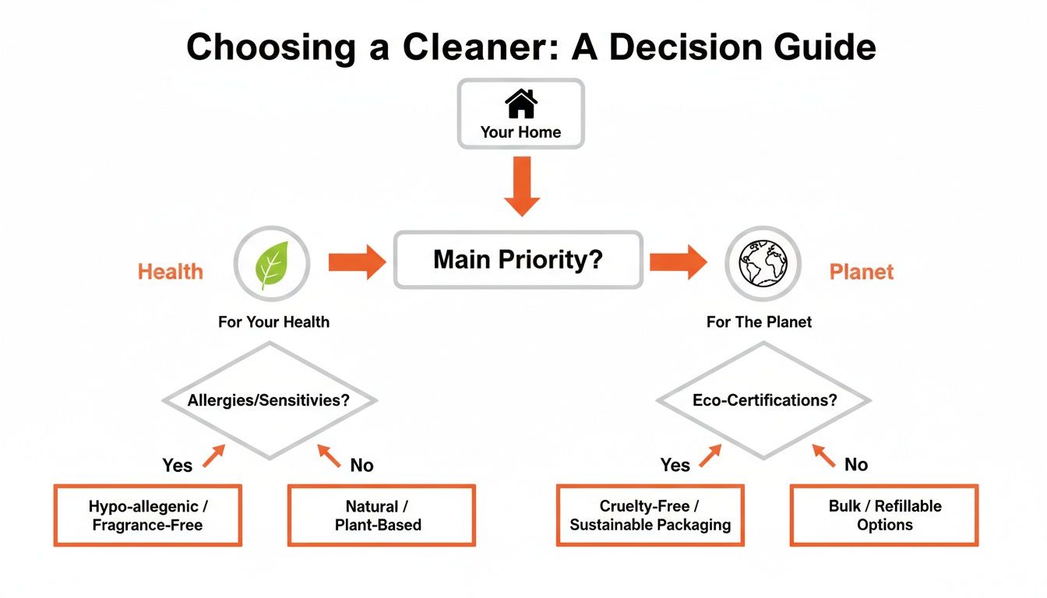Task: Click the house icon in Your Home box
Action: tap(520, 104)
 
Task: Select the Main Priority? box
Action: tap(518, 259)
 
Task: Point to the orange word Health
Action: tap(170, 272)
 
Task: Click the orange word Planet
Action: tap(861, 272)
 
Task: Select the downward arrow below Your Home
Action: tap(521, 185)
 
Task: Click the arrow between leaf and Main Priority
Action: tap(356, 262)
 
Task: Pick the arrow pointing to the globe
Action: tap(678, 262)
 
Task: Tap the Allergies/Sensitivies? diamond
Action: tap(270, 400)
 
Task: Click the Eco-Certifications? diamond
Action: tap(763, 400)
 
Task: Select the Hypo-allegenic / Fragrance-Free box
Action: tap(147, 515)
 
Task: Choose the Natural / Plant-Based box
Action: tap(381, 515)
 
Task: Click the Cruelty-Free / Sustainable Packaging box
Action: tap(650, 515)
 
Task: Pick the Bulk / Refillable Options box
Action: tap(884, 515)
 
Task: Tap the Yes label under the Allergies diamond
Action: tap(177, 465)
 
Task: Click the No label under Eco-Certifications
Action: tap(855, 464)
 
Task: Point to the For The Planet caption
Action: tap(759, 322)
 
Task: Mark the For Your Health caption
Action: tap(273, 322)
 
